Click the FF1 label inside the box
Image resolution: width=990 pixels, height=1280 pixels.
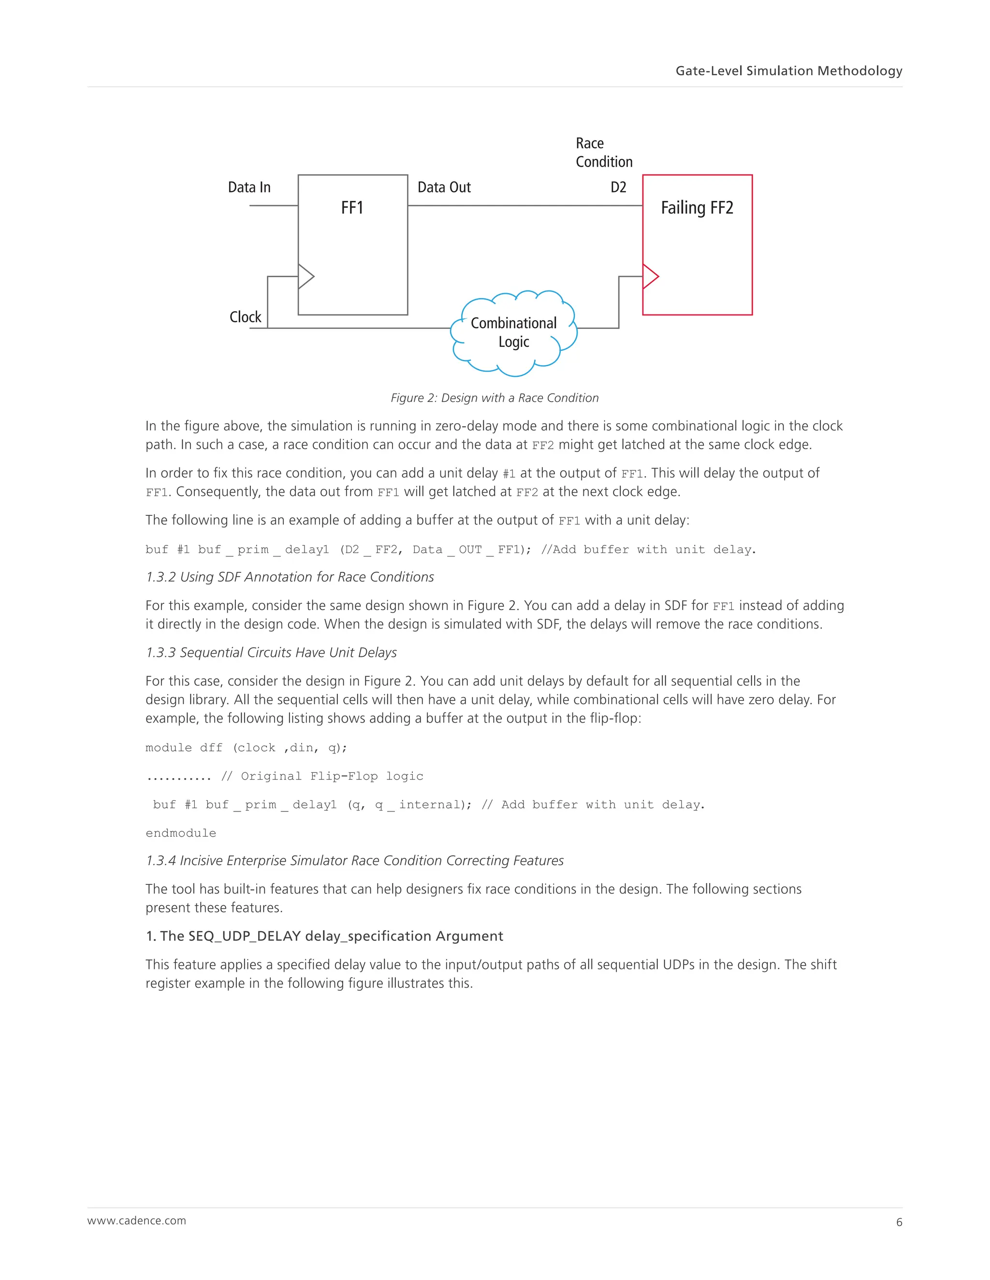tap(352, 208)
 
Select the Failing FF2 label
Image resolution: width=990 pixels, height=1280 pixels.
tap(697, 208)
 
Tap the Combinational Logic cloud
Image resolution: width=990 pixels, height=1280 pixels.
tap(514, 332)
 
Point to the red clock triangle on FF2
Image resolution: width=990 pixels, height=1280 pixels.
tap(650, 277)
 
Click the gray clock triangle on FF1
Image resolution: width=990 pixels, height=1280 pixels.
tap(306, 277)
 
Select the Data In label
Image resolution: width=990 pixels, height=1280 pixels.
tap(249, 187)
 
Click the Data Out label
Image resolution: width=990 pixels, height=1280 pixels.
tap(444, 187)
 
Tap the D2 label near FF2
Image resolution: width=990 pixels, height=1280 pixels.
tap(618, 187)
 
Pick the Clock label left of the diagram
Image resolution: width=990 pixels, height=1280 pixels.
tap(245, 317)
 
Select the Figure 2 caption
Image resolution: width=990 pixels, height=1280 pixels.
tap(495, 398)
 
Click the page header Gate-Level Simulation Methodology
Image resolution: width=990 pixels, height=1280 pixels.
tap(788, 71)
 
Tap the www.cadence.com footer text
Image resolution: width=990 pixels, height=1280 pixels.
tap(137, 1220)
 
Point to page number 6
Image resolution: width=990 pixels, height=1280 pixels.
tap(899, 1222)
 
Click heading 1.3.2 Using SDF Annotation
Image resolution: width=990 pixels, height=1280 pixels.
tap(290, 577)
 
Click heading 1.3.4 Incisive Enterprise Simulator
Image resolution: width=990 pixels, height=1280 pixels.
tap(354, 860)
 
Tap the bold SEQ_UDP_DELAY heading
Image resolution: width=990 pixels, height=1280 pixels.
tap(324, 936)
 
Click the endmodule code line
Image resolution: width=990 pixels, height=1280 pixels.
tap(181, 833)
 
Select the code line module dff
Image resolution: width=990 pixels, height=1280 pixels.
tap(247, 748)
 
